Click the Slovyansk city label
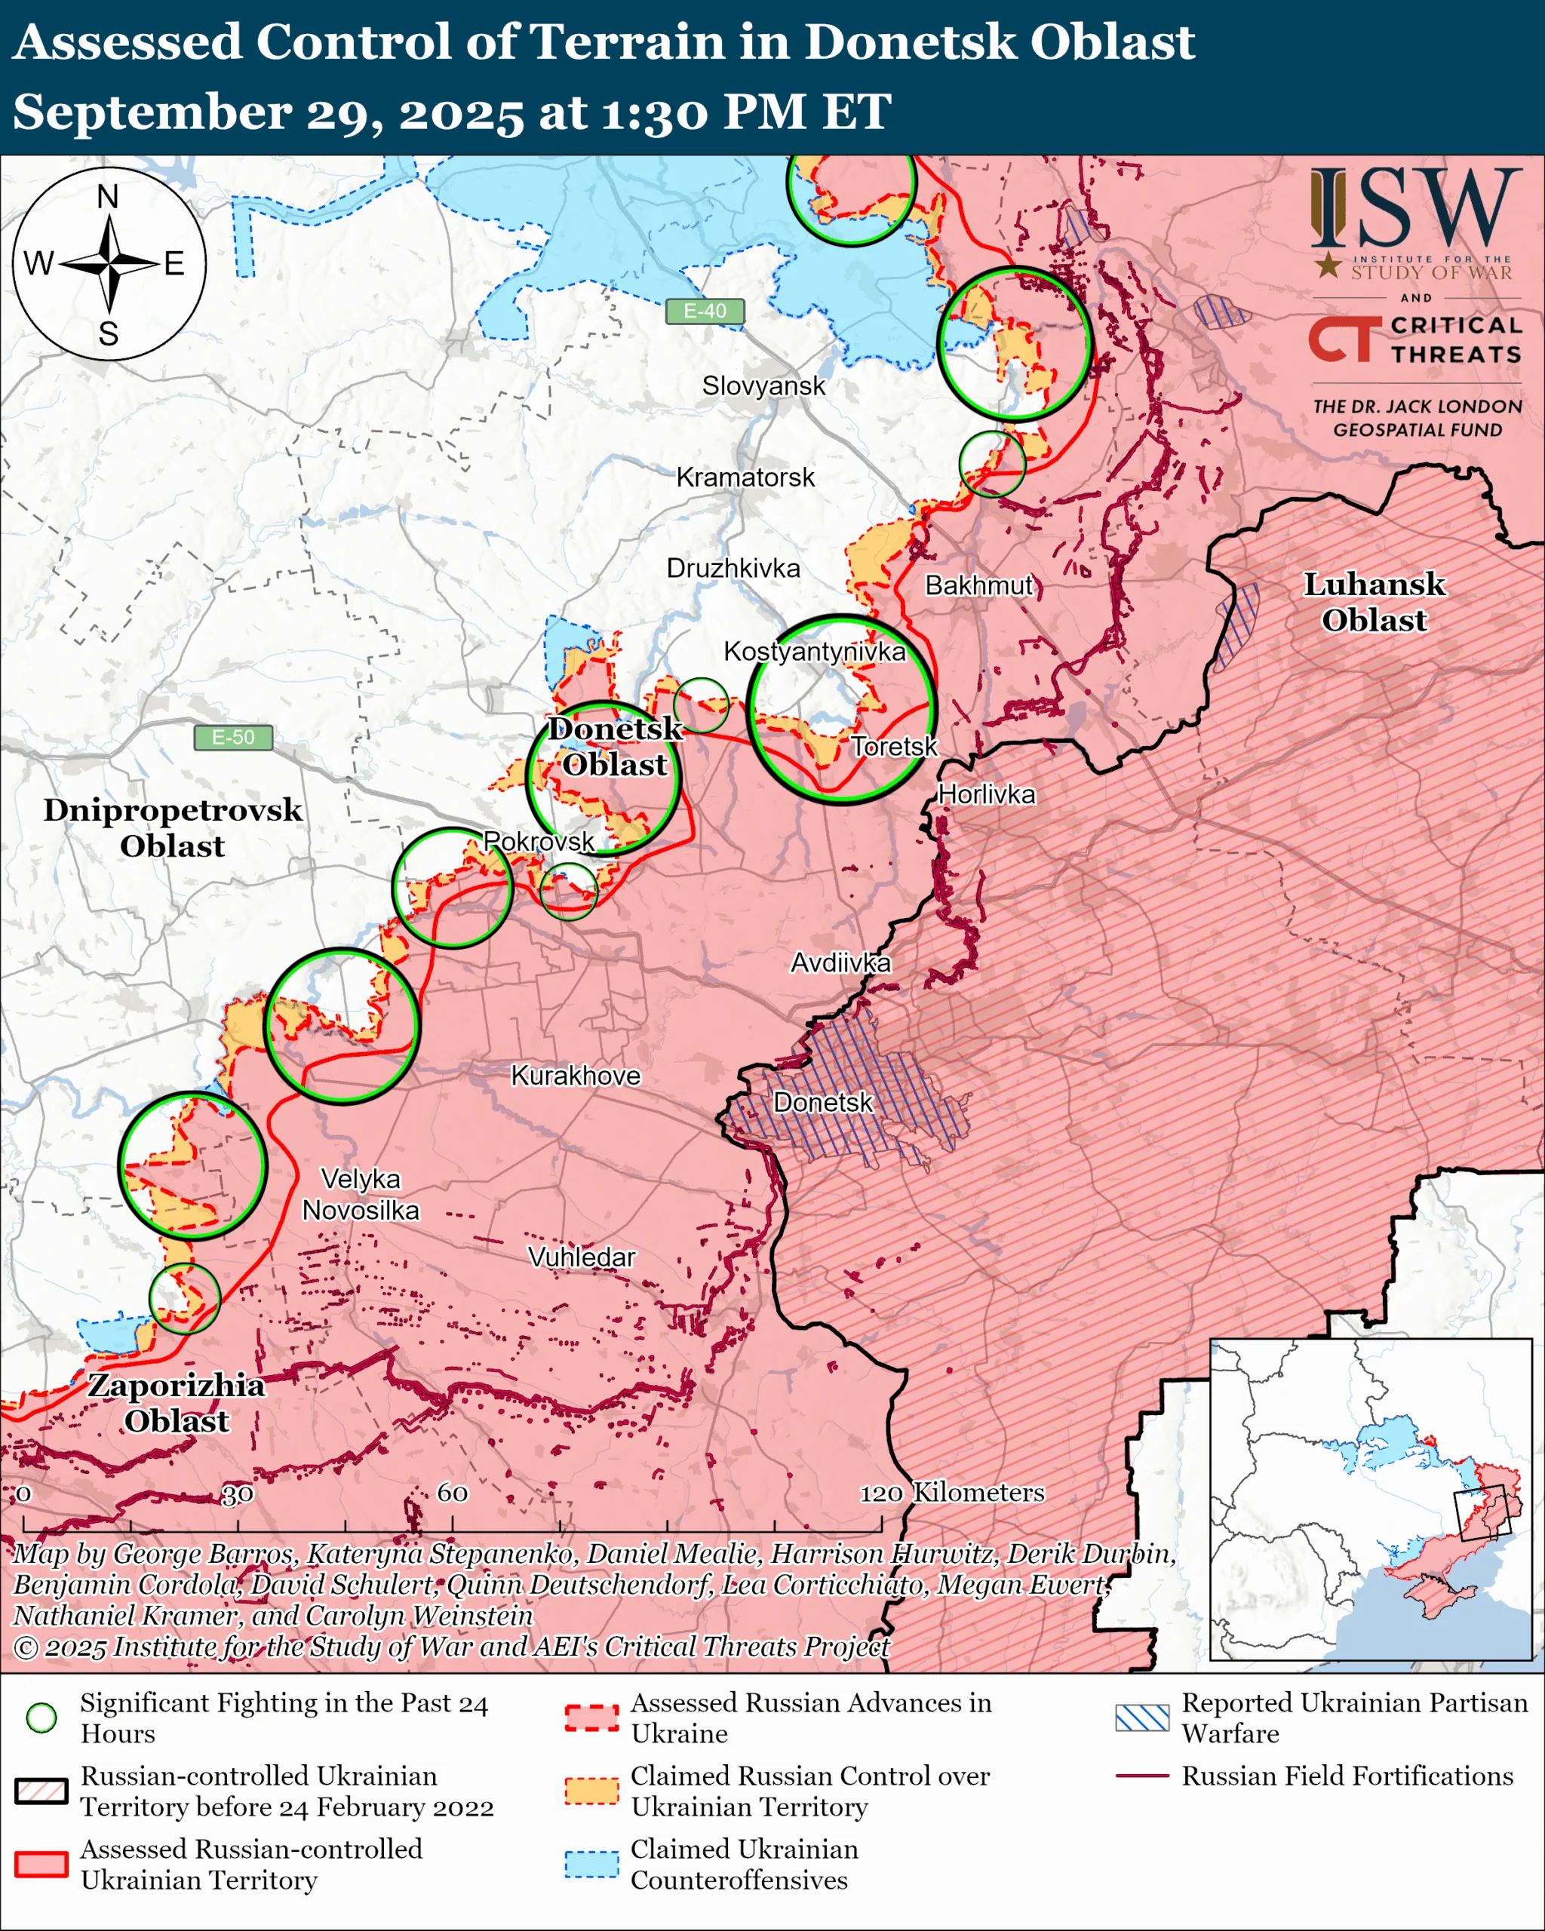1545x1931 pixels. (763, 386)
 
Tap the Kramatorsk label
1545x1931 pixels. (745, 477)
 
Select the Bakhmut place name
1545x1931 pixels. (979, 586)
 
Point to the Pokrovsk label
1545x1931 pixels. (539, 841)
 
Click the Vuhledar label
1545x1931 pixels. (582, 1257)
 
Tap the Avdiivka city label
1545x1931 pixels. (840, 962)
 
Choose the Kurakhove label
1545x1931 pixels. (576, 1076)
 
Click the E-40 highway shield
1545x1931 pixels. (705, 311)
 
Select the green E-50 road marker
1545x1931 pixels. (233, 737)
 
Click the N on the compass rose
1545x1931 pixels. (107, 196)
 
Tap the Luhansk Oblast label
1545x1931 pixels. (1374, 602)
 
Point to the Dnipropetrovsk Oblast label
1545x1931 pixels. (173, 827)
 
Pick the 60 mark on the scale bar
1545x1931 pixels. (453, 1492)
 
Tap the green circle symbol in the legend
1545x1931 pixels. (41, 1717)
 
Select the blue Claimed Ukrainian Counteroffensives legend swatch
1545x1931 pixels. (591, 1864)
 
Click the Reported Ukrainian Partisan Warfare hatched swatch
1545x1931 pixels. (1142, 1717)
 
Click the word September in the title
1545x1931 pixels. (152, 113)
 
